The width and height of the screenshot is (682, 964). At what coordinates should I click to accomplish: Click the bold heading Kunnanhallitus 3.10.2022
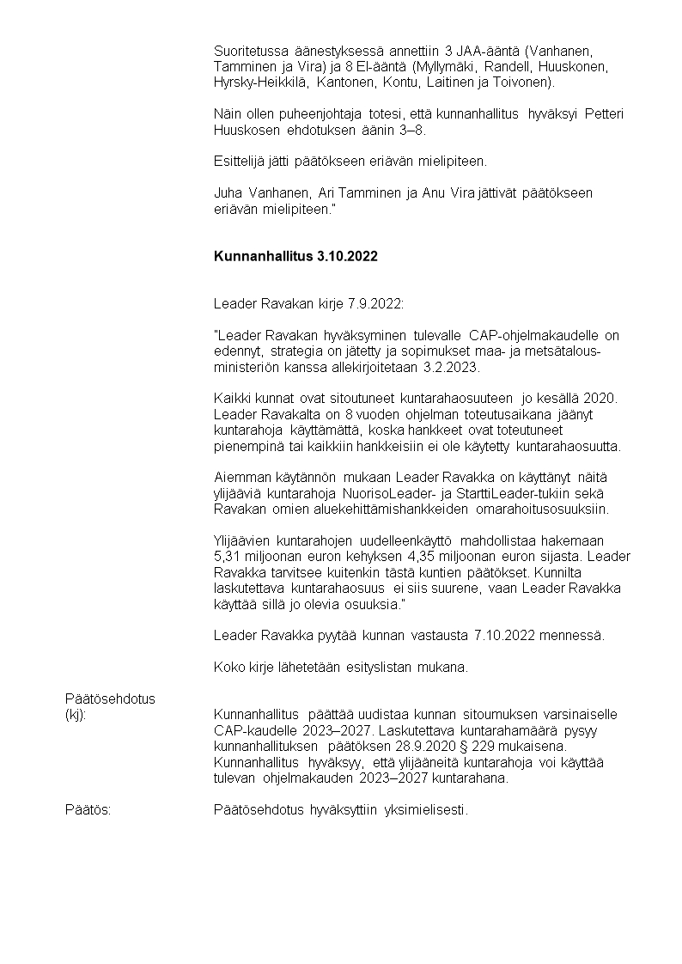point(295,257)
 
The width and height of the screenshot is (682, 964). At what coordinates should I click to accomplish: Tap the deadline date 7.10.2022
point(505,635)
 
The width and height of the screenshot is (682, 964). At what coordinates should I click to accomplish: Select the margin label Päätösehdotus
point(110,699)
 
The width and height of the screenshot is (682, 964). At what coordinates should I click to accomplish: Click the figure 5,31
point(228,555)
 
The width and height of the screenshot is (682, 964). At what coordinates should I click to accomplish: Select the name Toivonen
point(525,82)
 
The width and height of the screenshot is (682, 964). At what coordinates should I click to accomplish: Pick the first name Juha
point(227,192)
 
